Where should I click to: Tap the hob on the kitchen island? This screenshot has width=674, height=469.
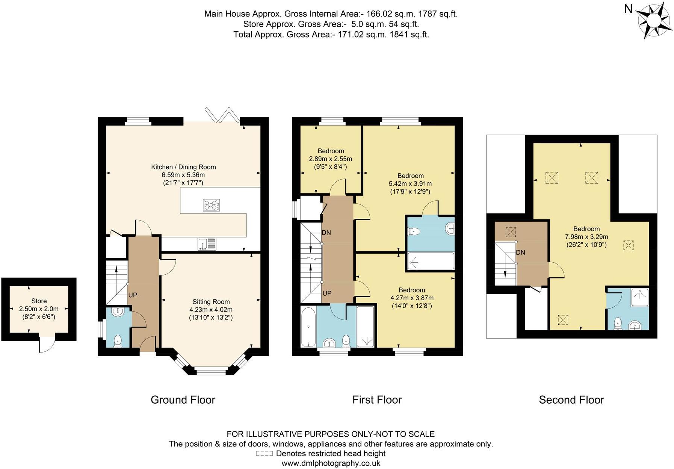pos(212,205)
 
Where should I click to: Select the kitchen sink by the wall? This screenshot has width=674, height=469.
pos(207,244)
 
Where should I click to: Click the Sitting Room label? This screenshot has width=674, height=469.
pos(211,302)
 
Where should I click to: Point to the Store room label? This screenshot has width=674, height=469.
pos(39,301)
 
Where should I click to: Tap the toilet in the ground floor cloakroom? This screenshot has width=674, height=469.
pos(118,340)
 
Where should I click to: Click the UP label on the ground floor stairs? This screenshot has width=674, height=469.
pos(133,295)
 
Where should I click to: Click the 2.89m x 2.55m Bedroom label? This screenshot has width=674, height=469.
pos(331,151)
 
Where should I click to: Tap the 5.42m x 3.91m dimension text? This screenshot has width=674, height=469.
pos(410,184)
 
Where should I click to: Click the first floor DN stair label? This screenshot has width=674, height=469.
pos(326,233)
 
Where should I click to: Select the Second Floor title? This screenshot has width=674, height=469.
pos(571,400)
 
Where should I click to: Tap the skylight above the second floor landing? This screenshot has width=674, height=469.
pos(511,232)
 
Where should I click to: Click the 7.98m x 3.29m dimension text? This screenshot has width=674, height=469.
pos(586,237)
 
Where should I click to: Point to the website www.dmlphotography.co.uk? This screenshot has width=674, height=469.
pos(331,463)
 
